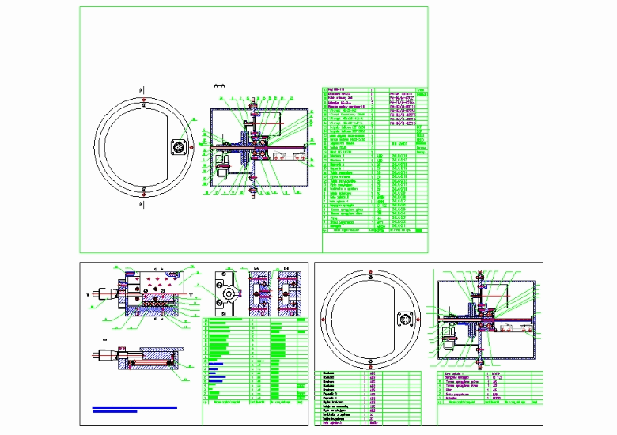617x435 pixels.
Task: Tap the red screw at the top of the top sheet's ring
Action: coord(142,101)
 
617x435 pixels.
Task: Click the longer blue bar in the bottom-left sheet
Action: coord(134,407)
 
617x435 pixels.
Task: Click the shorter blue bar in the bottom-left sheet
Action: coord(115,412)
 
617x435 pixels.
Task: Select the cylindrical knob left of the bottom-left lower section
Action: coord(102,354)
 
